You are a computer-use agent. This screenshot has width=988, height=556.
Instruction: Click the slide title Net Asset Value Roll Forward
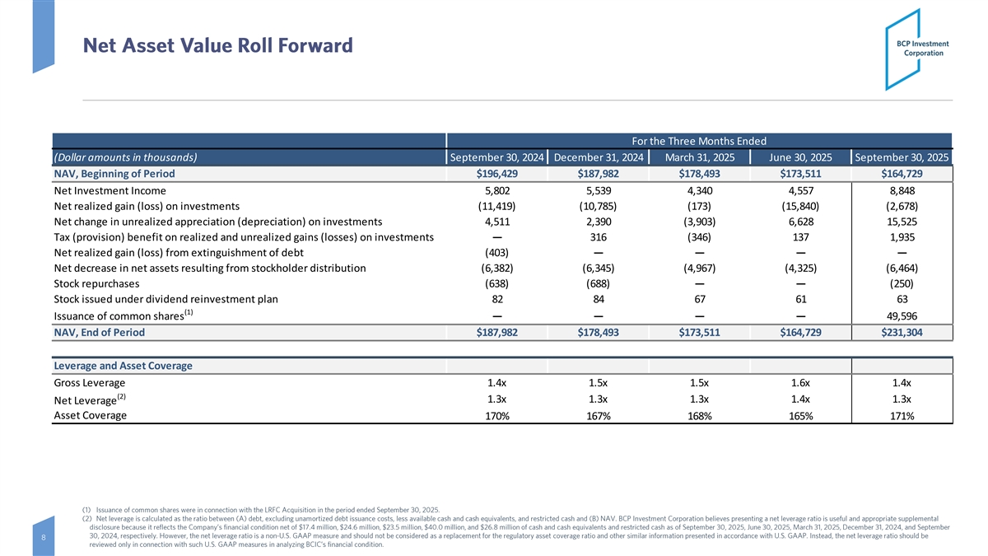point(217,44)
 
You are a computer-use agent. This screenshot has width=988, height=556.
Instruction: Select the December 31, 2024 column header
point(598,158)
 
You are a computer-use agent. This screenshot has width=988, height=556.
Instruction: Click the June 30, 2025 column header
point(799,158)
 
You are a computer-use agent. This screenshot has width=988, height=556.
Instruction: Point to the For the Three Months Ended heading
point(698,141)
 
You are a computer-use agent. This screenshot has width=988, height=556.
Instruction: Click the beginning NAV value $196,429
point(496,174)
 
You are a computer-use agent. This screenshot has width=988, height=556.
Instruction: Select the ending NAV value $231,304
point(901,333)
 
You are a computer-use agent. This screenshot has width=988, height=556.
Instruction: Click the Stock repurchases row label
point(96,284)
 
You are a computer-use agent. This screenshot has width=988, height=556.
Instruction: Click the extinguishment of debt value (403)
point(496,253)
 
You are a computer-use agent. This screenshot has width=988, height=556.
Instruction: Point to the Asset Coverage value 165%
point(799,416)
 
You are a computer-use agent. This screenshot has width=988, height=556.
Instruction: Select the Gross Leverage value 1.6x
point(799,383)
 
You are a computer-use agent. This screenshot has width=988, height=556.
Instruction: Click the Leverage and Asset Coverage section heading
point(123,366)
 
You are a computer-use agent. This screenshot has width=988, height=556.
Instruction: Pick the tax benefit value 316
point(598,237)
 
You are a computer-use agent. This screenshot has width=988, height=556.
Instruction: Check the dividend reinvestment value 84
point(598,300)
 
